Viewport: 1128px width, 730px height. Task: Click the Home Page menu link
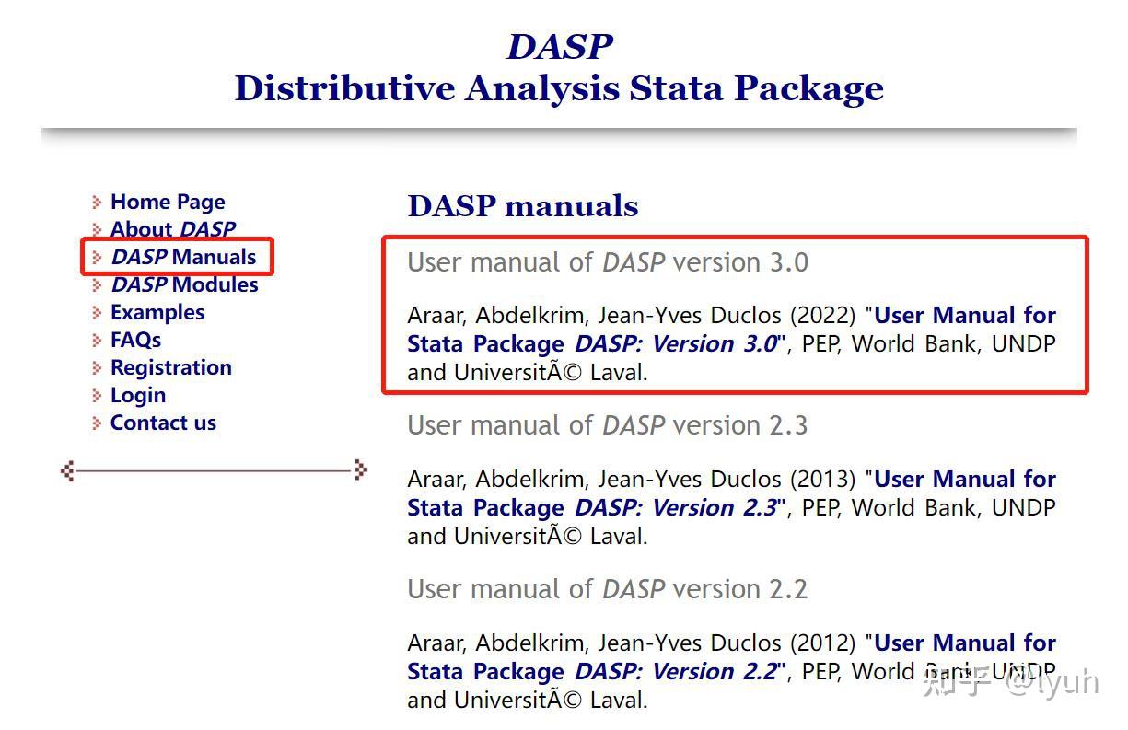click(x=167, y=202)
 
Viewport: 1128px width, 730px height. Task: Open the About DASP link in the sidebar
click(x=172, y=229)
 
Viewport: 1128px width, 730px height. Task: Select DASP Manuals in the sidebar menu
click(x=183, y=257)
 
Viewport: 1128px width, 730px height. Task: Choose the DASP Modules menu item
click(x=184, y=284)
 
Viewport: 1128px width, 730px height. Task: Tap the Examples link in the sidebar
click(x=157, y=312)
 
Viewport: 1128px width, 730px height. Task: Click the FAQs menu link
click(x=135, y=340)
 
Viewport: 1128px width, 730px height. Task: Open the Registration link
click(x=170, y=367)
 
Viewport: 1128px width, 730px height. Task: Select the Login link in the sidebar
click(x=137, y=395)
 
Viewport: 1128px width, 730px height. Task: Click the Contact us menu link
click(x=163, y=423)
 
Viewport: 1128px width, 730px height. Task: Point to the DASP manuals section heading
click(x=522, y=206)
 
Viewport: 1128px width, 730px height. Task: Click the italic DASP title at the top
click(x=559, y=47)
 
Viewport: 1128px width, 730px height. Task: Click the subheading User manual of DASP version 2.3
click(x=607, y=425)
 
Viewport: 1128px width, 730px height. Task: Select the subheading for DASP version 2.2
click(x=607, y=589)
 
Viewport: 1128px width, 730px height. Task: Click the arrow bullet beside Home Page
click(x=97, y=202)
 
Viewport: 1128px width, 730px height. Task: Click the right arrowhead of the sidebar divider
click(x=360, y=470)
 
